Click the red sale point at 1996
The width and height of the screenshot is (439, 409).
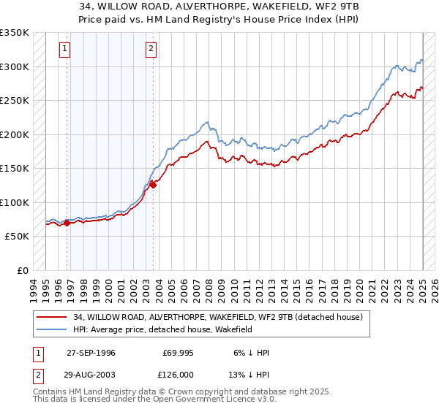point(67,223)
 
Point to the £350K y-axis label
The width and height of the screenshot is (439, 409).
point(15,33)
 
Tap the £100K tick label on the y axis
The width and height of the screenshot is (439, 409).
point(15,202)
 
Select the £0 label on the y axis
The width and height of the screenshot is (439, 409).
point(23,270)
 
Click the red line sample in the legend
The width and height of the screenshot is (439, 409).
point(52,316)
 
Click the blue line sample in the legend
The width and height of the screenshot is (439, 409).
point(52,329)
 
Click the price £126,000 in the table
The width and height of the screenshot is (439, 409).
point(178,374)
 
